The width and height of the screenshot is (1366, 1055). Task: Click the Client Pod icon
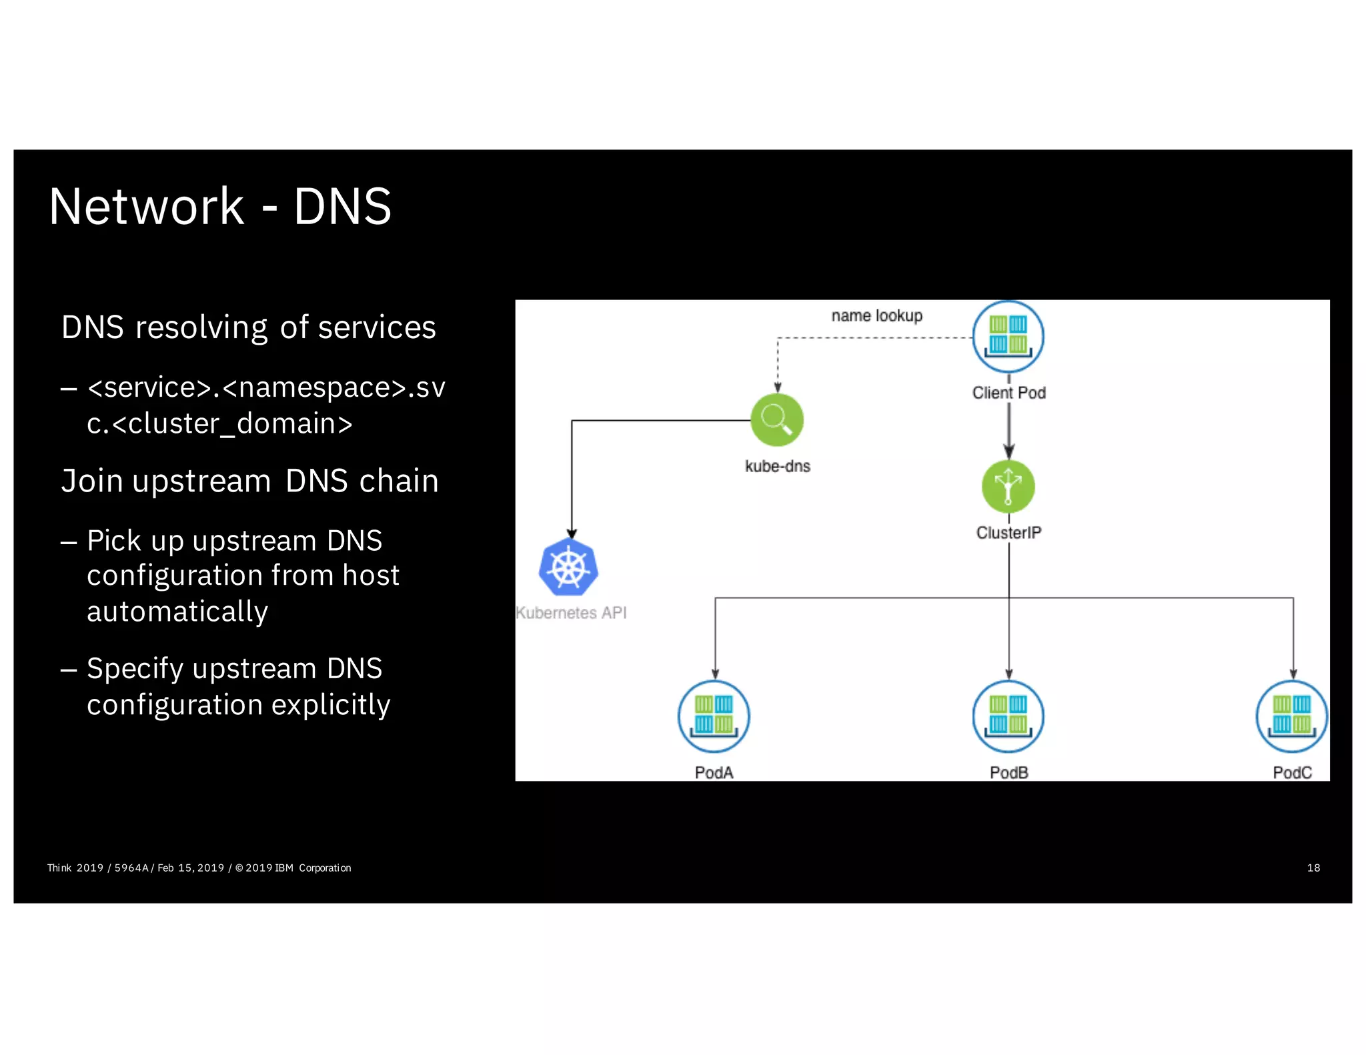[x=1008, y=337]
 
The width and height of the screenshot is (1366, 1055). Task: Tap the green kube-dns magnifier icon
[x=777, y=420]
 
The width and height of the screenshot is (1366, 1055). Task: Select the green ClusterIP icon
[x=1008, y=487]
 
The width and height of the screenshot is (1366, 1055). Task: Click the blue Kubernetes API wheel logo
[x=568, y=568]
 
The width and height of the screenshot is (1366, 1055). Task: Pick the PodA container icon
[x=714, y=716]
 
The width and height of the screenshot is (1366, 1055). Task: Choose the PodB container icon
[x=1008, y=716]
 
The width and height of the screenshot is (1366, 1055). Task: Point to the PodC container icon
[x=1292, y=716]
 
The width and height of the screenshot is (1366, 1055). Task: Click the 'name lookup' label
[x=876, y=315]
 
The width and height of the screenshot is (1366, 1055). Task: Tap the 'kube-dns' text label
[x=777, y=466]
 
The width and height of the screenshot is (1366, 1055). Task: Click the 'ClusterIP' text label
[x=1008, y=532]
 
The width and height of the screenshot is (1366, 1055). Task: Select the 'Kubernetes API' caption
[x=572, y=612]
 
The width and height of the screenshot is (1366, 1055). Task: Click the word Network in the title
[x=146, y=207]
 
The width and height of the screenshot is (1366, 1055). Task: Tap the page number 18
[x=1313, y=868]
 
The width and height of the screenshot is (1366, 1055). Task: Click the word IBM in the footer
[x=284, y=868]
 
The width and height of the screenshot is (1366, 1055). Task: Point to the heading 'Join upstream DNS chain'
[x=249, y=481]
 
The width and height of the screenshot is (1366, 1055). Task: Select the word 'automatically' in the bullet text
[x=177, y=612]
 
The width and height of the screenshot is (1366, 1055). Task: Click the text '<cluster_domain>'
[x=232, y=424]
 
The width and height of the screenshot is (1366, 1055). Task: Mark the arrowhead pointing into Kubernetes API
[x=572, y=534]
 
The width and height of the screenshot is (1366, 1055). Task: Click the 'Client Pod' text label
[x=1008, y=393]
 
